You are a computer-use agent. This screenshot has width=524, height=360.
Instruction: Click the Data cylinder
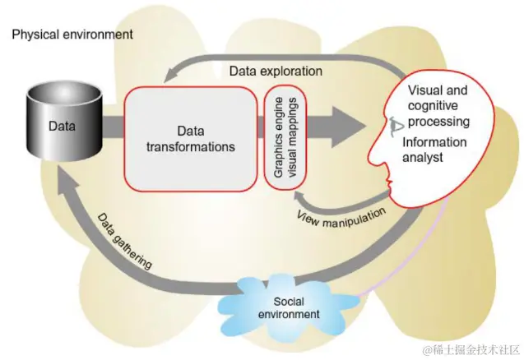[x=58, y=127]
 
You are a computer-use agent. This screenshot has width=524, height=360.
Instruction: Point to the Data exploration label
[x=276, y=71]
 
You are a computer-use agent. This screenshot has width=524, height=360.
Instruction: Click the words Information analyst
[x=435, y=149]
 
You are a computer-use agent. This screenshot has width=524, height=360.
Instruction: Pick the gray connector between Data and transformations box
[x=112, y=127]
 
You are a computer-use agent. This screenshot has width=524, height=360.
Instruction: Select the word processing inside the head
[x=441, y=122]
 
